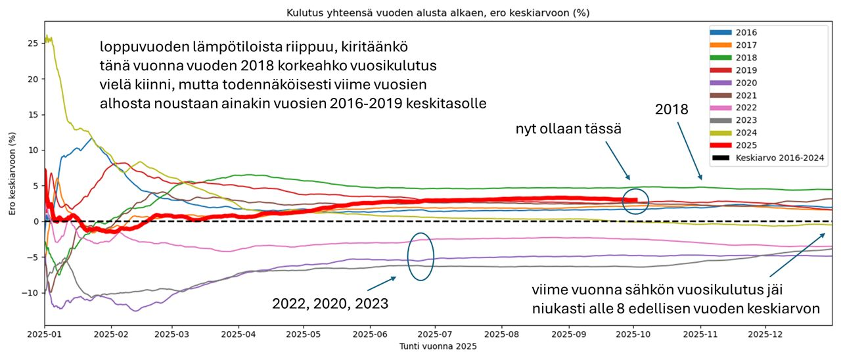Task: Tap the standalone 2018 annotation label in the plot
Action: coord(671,110)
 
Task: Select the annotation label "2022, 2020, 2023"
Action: coord(330,304)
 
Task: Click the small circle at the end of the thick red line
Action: coord(635,201)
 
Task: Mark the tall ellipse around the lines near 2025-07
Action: coord(420,257)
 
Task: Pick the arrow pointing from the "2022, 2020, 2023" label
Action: coord(381,284)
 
